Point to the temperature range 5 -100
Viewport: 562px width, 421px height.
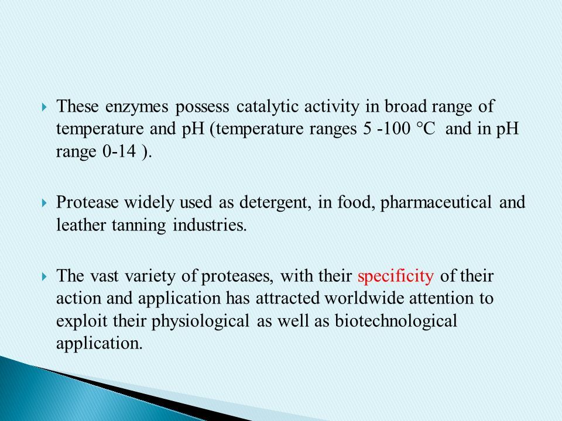pyautogui.click(x=386, y=129)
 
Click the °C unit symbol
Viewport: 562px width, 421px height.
pyautogui.click(x=427, y=129)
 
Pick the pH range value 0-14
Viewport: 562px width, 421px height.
pyautogui.click(x=119, y=151)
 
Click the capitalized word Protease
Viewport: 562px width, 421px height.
pyautogui.click(x=87, y=202)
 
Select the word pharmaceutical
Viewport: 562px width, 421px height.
pyautogui.click(x=436, y=203)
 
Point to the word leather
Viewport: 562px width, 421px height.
pyautogui.click(x=81, y=225)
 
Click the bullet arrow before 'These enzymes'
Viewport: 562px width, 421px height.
pyautogui.click(x=44, y=107)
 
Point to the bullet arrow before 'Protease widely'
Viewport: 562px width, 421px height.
pyautogui.click(x=44, y=203)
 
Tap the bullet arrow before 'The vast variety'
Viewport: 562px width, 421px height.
pyautogui.click(x=44, y=277)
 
